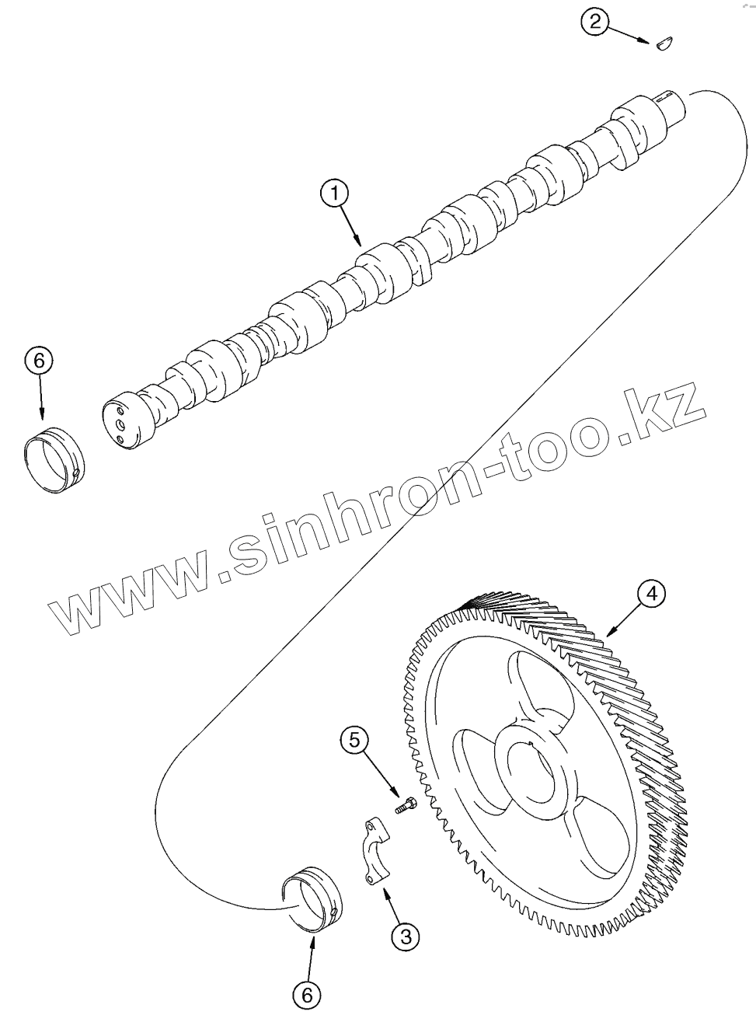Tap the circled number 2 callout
[594, 22]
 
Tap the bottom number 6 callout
[307, 992]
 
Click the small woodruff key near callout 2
[664, 44]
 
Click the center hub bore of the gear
[532, 769]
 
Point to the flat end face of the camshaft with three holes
[120, 424]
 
